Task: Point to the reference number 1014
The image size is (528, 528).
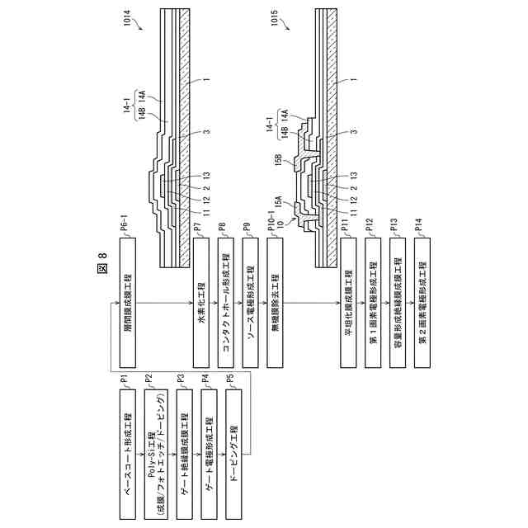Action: click(x=136, y=17)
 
